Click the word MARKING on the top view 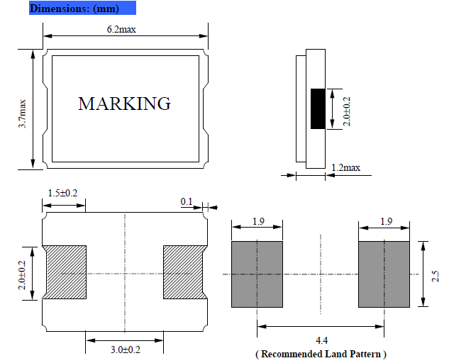pos(124,104)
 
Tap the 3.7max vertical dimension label pos(23,113)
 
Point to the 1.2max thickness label pos(345,168)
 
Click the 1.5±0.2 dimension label pos(62,193)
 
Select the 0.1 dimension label pos(187,202)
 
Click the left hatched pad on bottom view pos(65,273)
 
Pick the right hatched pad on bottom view pos(184,273)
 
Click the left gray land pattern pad pos(257,274)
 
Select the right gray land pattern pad pos(384,274)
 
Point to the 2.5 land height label pos(436,274)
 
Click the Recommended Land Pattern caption pos(321,353)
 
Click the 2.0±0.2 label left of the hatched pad pos(23,274)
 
